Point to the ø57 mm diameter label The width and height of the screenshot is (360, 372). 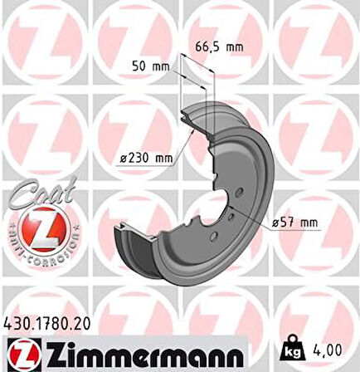pyautogui.click(x=296, y=222)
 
